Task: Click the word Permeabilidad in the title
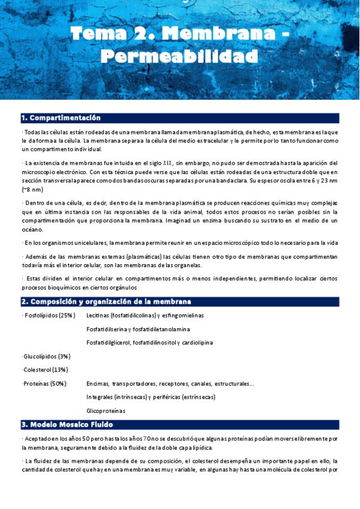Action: point(179,57)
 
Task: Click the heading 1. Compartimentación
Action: point(61,118)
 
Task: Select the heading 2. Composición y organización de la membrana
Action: point(106,301)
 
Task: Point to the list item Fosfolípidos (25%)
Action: point(49,315)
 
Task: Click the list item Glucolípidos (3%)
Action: point(46,356)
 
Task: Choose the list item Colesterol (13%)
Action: point(45,370)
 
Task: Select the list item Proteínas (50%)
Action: point(45,384)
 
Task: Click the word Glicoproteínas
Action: point(106,411)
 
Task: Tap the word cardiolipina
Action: point(195,343)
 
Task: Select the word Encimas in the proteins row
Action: point(98,384)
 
